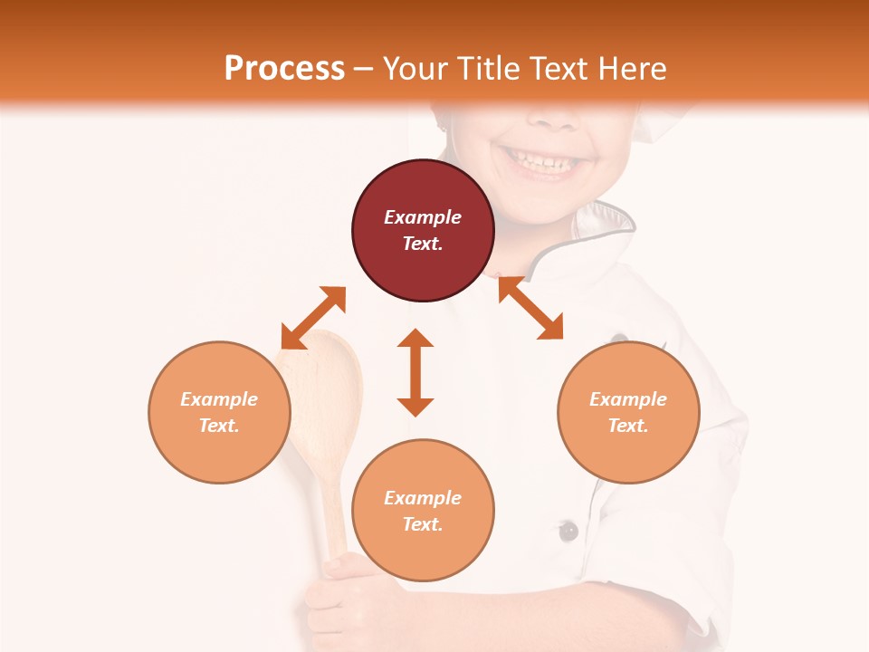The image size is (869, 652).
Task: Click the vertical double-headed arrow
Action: (x=415, y=372)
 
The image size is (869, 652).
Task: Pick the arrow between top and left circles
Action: (x=313, y=318)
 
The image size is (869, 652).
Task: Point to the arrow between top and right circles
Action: (x=530, y=308)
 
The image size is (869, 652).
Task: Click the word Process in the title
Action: (x=284, y=69)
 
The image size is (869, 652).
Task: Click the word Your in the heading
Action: (x=414, y=69)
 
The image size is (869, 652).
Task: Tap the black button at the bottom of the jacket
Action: (x=568, y=531)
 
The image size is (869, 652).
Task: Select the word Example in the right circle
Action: (x=628, y=399)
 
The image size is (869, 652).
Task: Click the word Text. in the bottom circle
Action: (x=423, y=524)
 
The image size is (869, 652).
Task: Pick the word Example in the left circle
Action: (x=219, y=399)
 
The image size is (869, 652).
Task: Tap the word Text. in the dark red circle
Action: (x=423, y=244)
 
